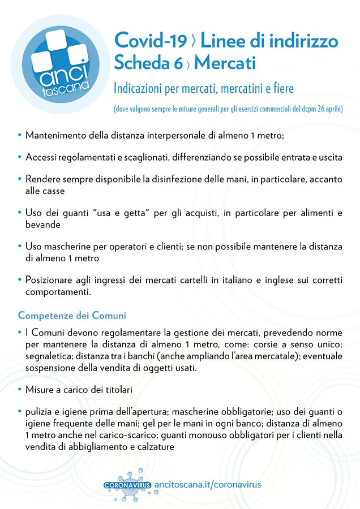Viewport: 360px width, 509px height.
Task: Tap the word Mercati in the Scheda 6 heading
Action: pos(225,63)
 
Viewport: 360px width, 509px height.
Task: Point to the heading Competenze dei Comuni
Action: pos(72,314)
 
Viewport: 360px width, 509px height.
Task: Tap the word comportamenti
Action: pos(57,292)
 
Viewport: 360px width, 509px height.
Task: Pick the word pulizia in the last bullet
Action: pos(40,411)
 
